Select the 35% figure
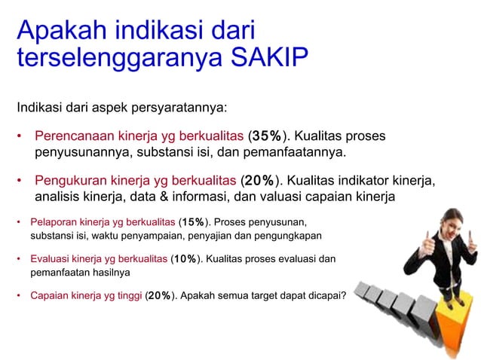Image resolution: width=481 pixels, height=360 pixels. point(267,136)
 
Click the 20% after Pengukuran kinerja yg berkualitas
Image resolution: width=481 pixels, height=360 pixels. point(259,181)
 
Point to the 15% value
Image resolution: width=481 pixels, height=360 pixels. point(194,222)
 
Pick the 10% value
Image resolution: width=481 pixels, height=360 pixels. point(186,259)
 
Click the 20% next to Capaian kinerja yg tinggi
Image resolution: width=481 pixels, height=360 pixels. point(160,295)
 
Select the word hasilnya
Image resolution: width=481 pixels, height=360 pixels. point(112,272)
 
